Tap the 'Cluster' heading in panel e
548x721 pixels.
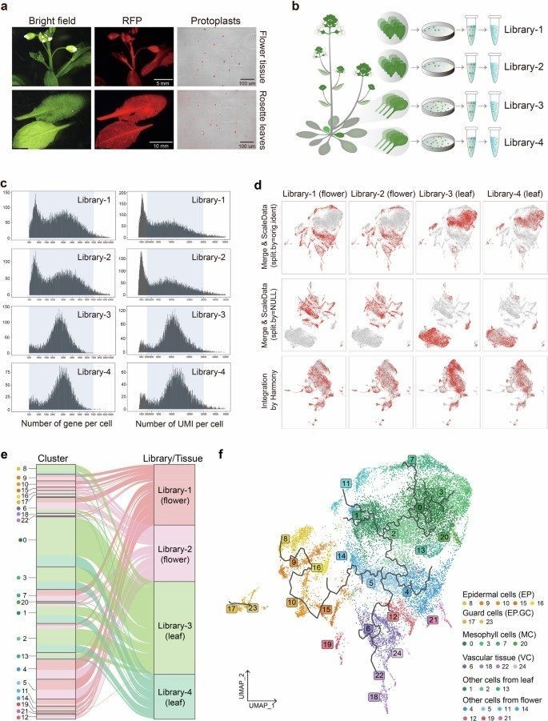(x=55, y=457)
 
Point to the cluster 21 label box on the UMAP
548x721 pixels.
(x=433, y=620)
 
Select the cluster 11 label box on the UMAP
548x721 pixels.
(x=346, y=483)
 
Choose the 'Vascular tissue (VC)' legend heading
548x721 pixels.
(x=490, y=653)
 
